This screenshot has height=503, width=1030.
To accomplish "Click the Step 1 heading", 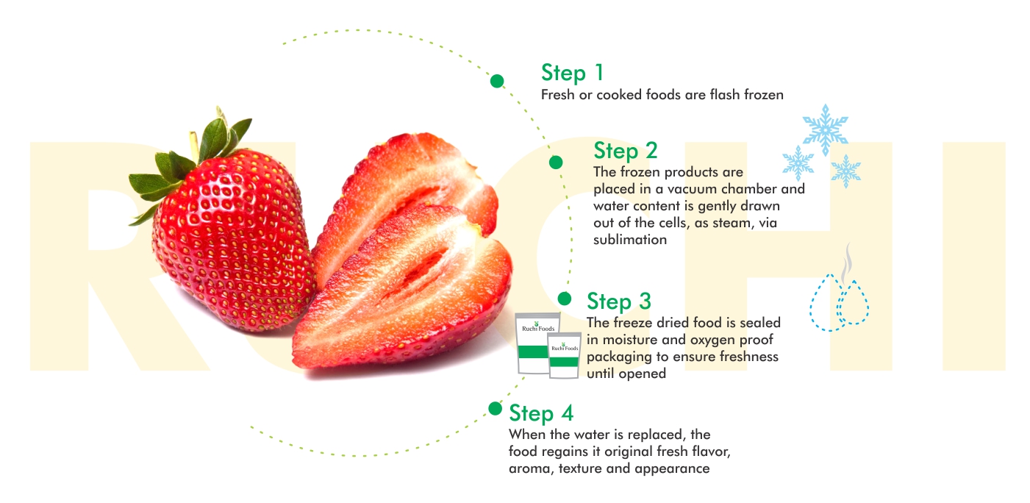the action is (x=571, y=73).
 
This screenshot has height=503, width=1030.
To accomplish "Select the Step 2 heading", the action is (x=626, y=151).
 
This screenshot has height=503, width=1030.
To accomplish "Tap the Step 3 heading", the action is (x=619, y=302).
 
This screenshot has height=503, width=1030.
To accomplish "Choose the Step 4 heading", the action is (x=541, y=413).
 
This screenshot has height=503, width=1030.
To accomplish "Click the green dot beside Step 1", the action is (x=496, y=81).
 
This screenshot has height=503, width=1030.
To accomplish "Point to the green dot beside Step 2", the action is (x=556, y=163).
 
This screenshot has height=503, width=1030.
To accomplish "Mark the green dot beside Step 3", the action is (x=564, y=299).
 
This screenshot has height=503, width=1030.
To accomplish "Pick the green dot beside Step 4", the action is (x=495, y=408).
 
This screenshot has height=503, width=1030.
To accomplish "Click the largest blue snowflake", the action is (x=826, y=129).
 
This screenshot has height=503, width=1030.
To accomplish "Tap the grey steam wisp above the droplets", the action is (x=846, y=265).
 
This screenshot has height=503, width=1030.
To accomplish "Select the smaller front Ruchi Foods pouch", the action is (x=564, y=355).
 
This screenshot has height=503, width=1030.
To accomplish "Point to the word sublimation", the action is (x=630, y=240).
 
